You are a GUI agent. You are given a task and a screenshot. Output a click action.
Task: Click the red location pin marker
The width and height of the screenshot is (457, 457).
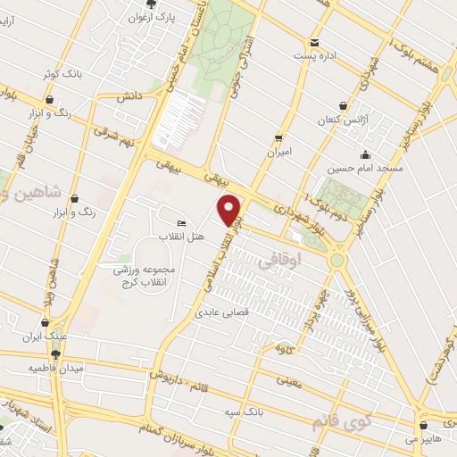(230, 210)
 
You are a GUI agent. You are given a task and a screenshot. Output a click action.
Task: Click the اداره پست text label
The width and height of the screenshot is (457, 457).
(316, 56)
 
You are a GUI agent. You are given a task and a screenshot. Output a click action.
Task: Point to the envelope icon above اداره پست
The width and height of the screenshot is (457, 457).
(313, 43)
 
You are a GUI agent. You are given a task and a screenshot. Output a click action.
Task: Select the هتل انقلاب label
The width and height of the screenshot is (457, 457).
(182, 237)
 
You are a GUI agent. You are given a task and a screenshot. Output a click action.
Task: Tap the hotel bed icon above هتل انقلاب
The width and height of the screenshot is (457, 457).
(182, 223)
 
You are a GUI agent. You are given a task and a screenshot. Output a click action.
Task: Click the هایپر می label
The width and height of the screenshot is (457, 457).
(423, 439)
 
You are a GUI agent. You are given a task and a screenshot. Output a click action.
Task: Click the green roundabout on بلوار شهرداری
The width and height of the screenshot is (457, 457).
(338, 261)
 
